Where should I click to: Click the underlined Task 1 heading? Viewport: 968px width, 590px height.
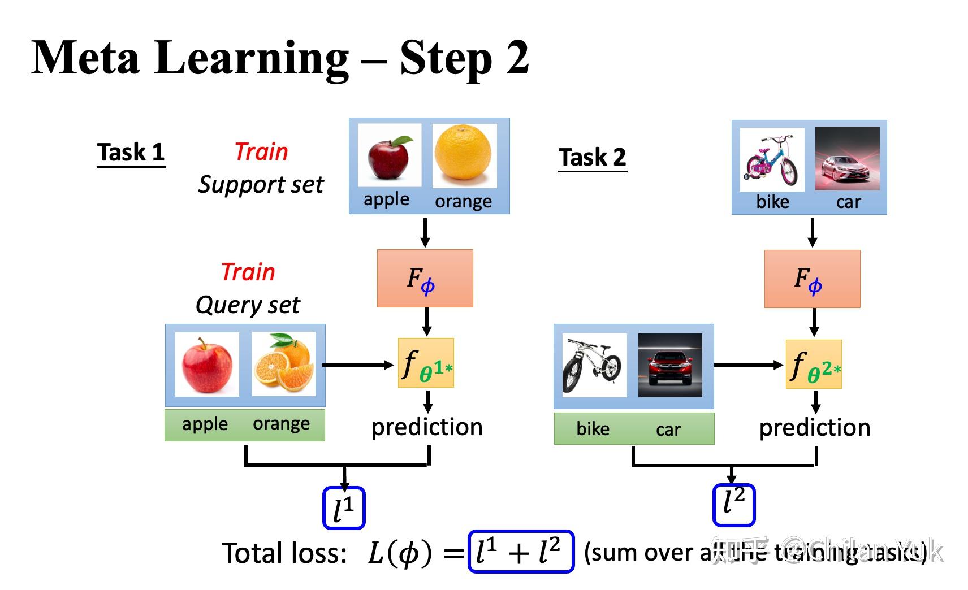pyautogui.click(x=131, y=153)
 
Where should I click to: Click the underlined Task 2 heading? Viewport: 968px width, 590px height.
pyautogui.click(x=592, y=157)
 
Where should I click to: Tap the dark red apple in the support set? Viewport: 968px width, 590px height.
pyautogui.click(x=390, y=155)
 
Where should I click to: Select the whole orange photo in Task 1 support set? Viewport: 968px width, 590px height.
pyautogui.click(x=464, y=155)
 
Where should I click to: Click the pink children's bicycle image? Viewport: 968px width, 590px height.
pyautogui.click(x=772, y=159)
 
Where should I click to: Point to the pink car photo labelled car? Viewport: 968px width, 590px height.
pyautogui.click(x=847, y=158)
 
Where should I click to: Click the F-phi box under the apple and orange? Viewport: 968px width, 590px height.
pyautogui.click(x=425, y=278)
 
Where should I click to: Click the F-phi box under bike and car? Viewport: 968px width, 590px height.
pyautogui.click(x=812, y=279)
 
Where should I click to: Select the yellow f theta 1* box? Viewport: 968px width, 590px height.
pyautogui.click(x=426, y=363)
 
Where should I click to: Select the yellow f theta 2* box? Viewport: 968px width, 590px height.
pyautogui.click(x=814, y=364)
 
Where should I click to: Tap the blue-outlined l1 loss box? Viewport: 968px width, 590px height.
pyautogui.click(x=344, y=508)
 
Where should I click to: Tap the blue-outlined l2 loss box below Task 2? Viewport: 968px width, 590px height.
pyautogui.click(x=733, y=504)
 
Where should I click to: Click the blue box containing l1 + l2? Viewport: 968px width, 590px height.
pyautogui.click(x=521, y=552)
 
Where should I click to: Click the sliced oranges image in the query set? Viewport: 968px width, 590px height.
pyautogui.click(x=283, y=364)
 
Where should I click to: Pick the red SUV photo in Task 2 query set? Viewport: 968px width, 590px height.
pyautogui.click(x=670, y=365)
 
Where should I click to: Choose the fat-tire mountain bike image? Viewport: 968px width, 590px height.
pyautogui.click(x=594, y=365)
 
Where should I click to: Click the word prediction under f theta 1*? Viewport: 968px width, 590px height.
pyautogui.click(x=427, y=427)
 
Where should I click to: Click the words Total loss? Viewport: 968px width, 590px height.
pyautogui.click(x=284, y=553)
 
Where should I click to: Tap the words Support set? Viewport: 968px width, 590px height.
pyautogui.click(x=261, y=185)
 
